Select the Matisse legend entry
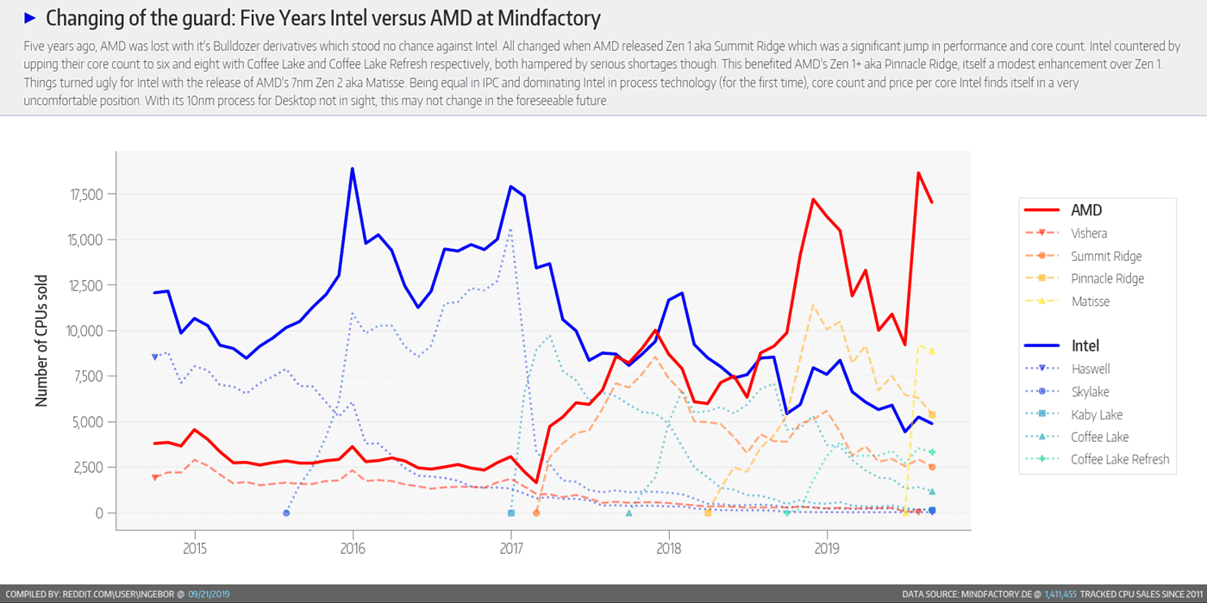[x=1090, y=301]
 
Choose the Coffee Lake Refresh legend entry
[x=1119, y=459]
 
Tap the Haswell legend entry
[x=1090, y=369]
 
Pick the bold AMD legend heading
[x=1086, y=210]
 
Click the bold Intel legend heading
[x=1086, y=345]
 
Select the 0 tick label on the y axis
[x=99, y=513]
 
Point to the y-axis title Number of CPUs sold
[x=41, y=341]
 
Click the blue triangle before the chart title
[x=30, y=18]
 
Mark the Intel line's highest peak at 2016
[x=352, y=169]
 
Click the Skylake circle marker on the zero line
[x=286, y=513]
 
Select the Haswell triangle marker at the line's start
[x=155, y=357]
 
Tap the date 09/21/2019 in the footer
[x=209, y=594]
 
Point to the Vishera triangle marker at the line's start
[x=155, y=477]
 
